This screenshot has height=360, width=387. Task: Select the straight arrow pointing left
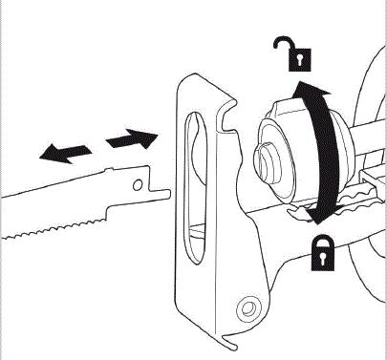pos(65,150)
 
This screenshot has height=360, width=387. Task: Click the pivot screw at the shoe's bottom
pos(249,307)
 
